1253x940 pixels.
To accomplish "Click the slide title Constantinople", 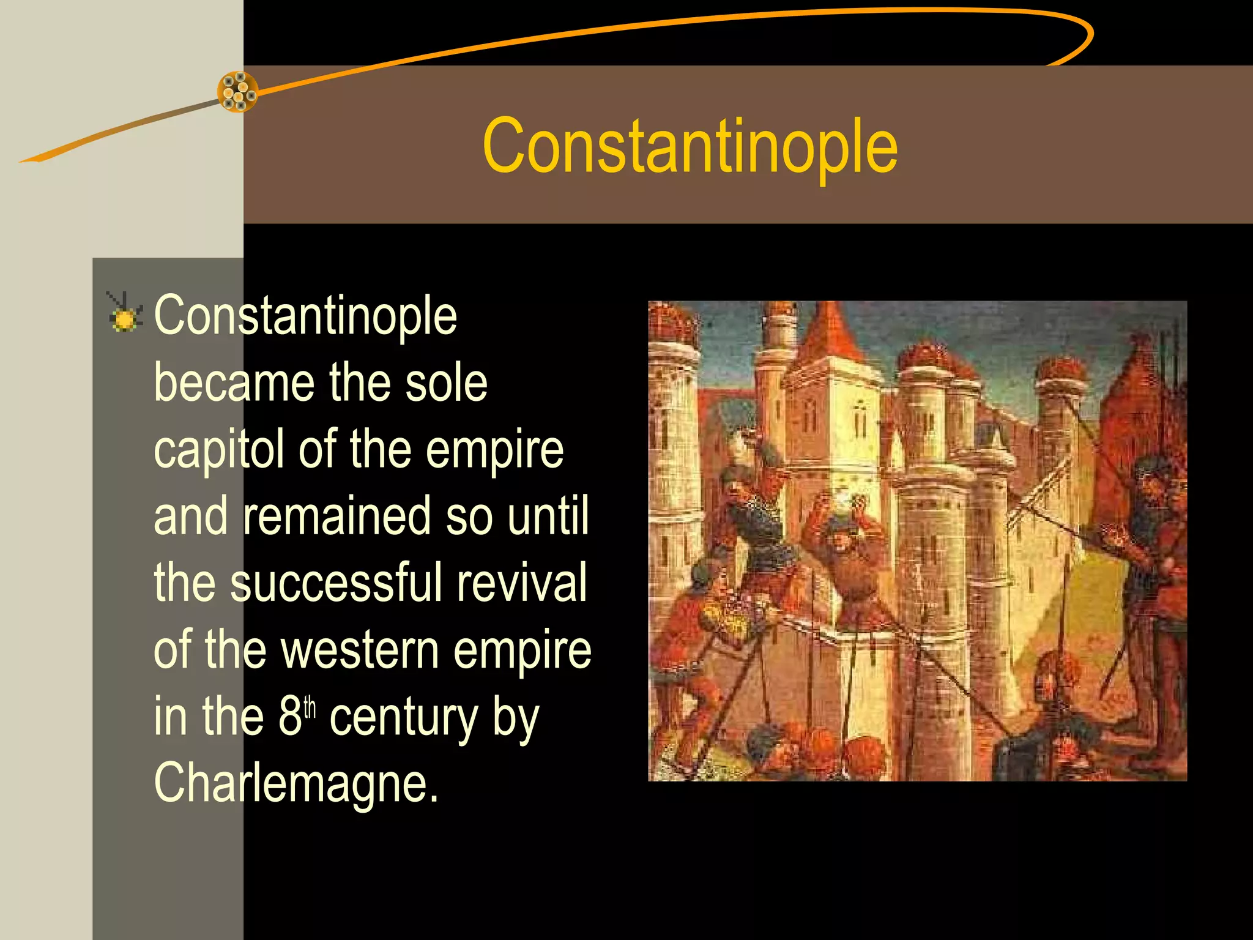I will pyautogui.click(x=690, y=147).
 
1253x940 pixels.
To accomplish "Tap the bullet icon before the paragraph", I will pyautogui.click(x=125, y=313).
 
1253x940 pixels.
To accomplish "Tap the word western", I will pyautogui.click(x=359, y=649).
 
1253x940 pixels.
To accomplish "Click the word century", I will pyautogui.click(x=404, y=717).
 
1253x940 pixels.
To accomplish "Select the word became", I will pyautogui.click(x=234, y=382).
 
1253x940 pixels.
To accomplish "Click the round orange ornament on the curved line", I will pyautogui.click(x=238, y=92).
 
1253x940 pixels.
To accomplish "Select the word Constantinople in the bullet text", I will pyautogui.click(x=305, y=316).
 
